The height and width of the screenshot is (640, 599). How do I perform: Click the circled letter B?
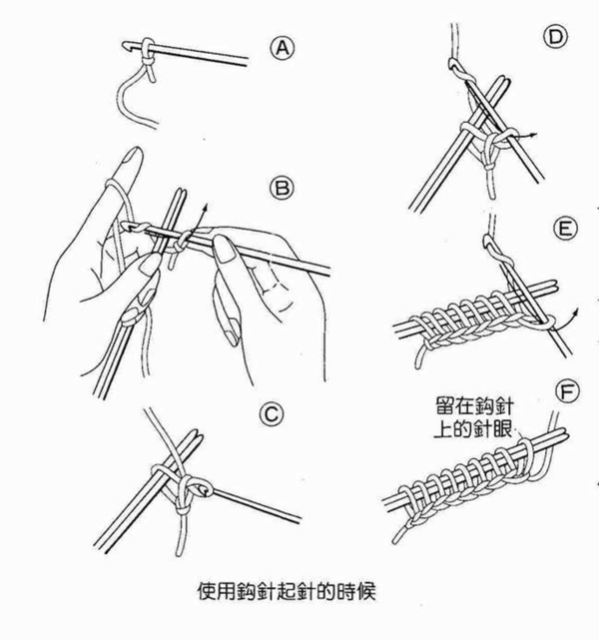click(x=281, y=188)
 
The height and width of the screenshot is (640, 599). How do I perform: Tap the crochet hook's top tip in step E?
click(x=486, y=239)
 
